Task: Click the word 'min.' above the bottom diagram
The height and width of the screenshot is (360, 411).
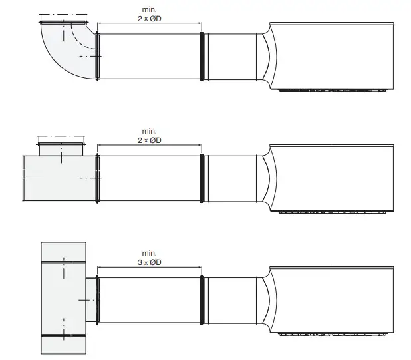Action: (x=150, y=253)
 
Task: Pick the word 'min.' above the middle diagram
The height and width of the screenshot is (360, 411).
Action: (x=150, y=132)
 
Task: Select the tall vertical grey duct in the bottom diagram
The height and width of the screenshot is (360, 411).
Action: (x=63, y=298)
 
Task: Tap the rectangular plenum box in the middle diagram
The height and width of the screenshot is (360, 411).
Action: (x=333, y=177)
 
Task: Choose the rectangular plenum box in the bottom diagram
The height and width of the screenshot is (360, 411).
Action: (x=333, y=299)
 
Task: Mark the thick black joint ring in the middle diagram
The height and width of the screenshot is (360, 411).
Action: (x=202, y=178)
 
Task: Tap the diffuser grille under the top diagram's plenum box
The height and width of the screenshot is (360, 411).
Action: (x=333, y=89)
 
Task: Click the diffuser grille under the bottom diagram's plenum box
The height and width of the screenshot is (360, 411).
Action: (x=333, y=333)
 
